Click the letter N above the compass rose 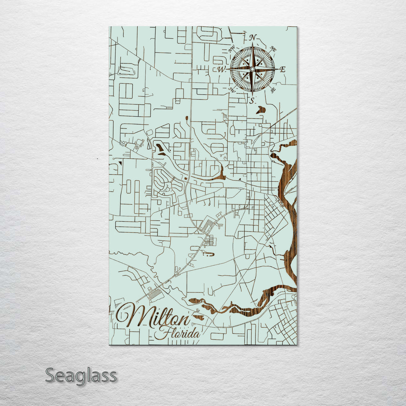tap(253, 37)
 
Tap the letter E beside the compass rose tap(283, 69)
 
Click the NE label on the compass tap(273, 49)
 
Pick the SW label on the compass tap(232, 89)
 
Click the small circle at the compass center tap(252, 69)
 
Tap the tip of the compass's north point tap(252, 43)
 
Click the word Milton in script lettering tap(152, 317)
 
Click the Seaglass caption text tap(81, 376)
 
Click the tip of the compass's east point tap(279, 69)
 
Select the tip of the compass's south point tap(252, 95)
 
